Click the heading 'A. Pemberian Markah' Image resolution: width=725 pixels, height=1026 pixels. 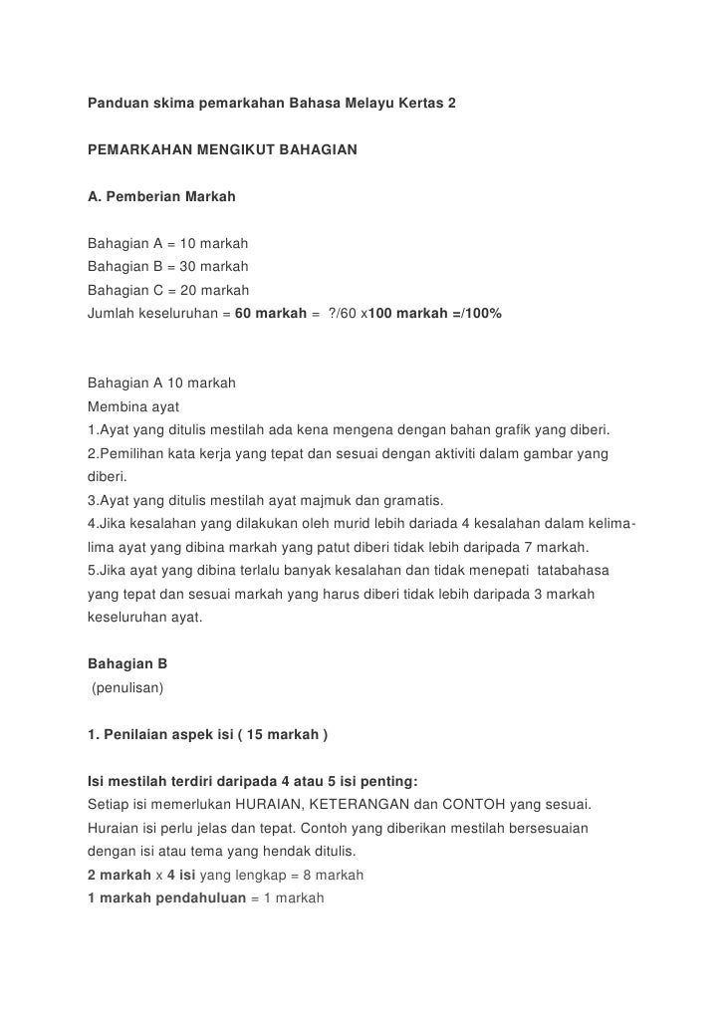tap(161, 196)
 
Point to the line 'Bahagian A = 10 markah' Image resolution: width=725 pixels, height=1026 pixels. tap(167, 243)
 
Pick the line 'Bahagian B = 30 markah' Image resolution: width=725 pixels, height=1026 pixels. tap(167, 267)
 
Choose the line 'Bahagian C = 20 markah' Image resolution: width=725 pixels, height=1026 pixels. tap(167, 290)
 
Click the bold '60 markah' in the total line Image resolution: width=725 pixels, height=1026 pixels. tap(270, 314)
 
